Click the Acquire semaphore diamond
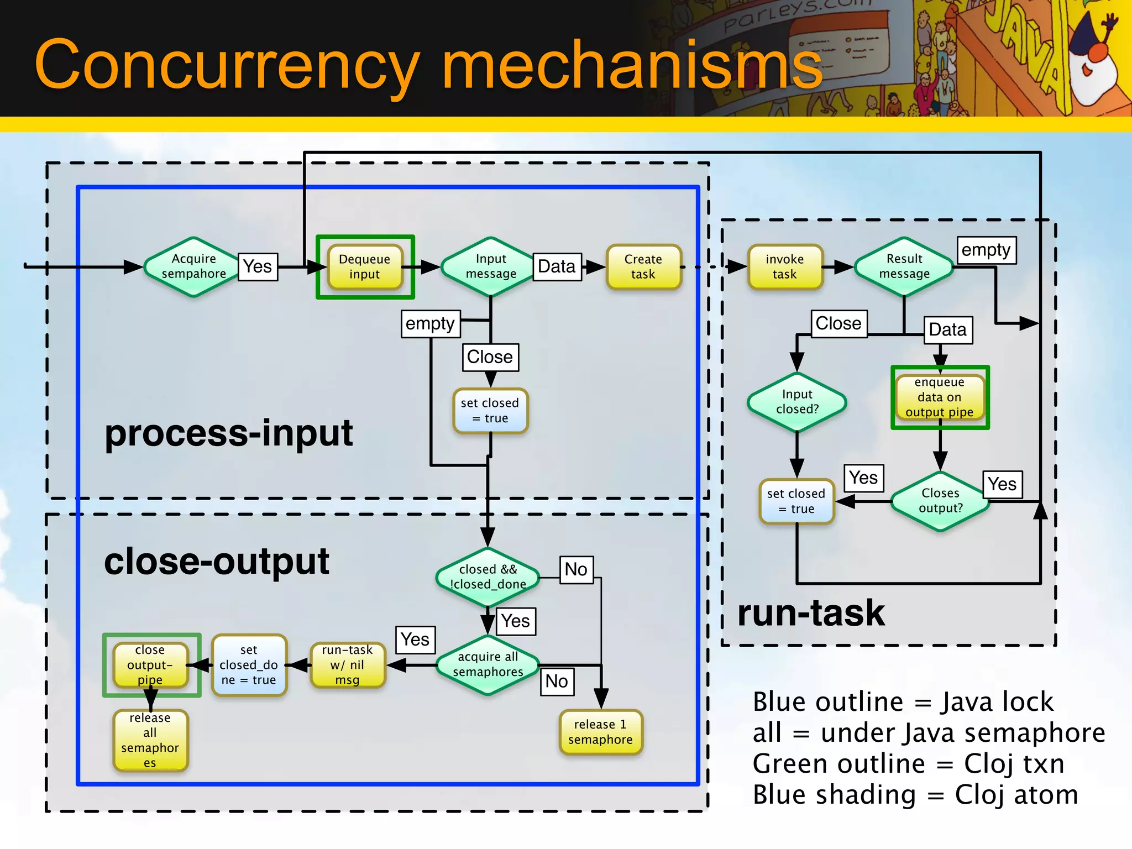[193, 266]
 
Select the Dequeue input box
[365, 267]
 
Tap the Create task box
[643, 267]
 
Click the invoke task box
[785, 267]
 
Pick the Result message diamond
[904, 266]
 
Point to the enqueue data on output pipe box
[940, 397]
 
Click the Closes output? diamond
[940, 501]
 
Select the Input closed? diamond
[797, 402]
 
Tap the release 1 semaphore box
[600, 732]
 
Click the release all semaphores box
[150, 740]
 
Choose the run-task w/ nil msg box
[348, 665]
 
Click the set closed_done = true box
[249, 665]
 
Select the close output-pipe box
[150, 665]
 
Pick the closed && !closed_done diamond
[488, 577]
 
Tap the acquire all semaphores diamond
[488, 664]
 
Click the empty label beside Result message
[986, 250]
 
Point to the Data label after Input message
[557, 267]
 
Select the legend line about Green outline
[908, 764]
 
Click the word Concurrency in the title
[227, 65]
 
